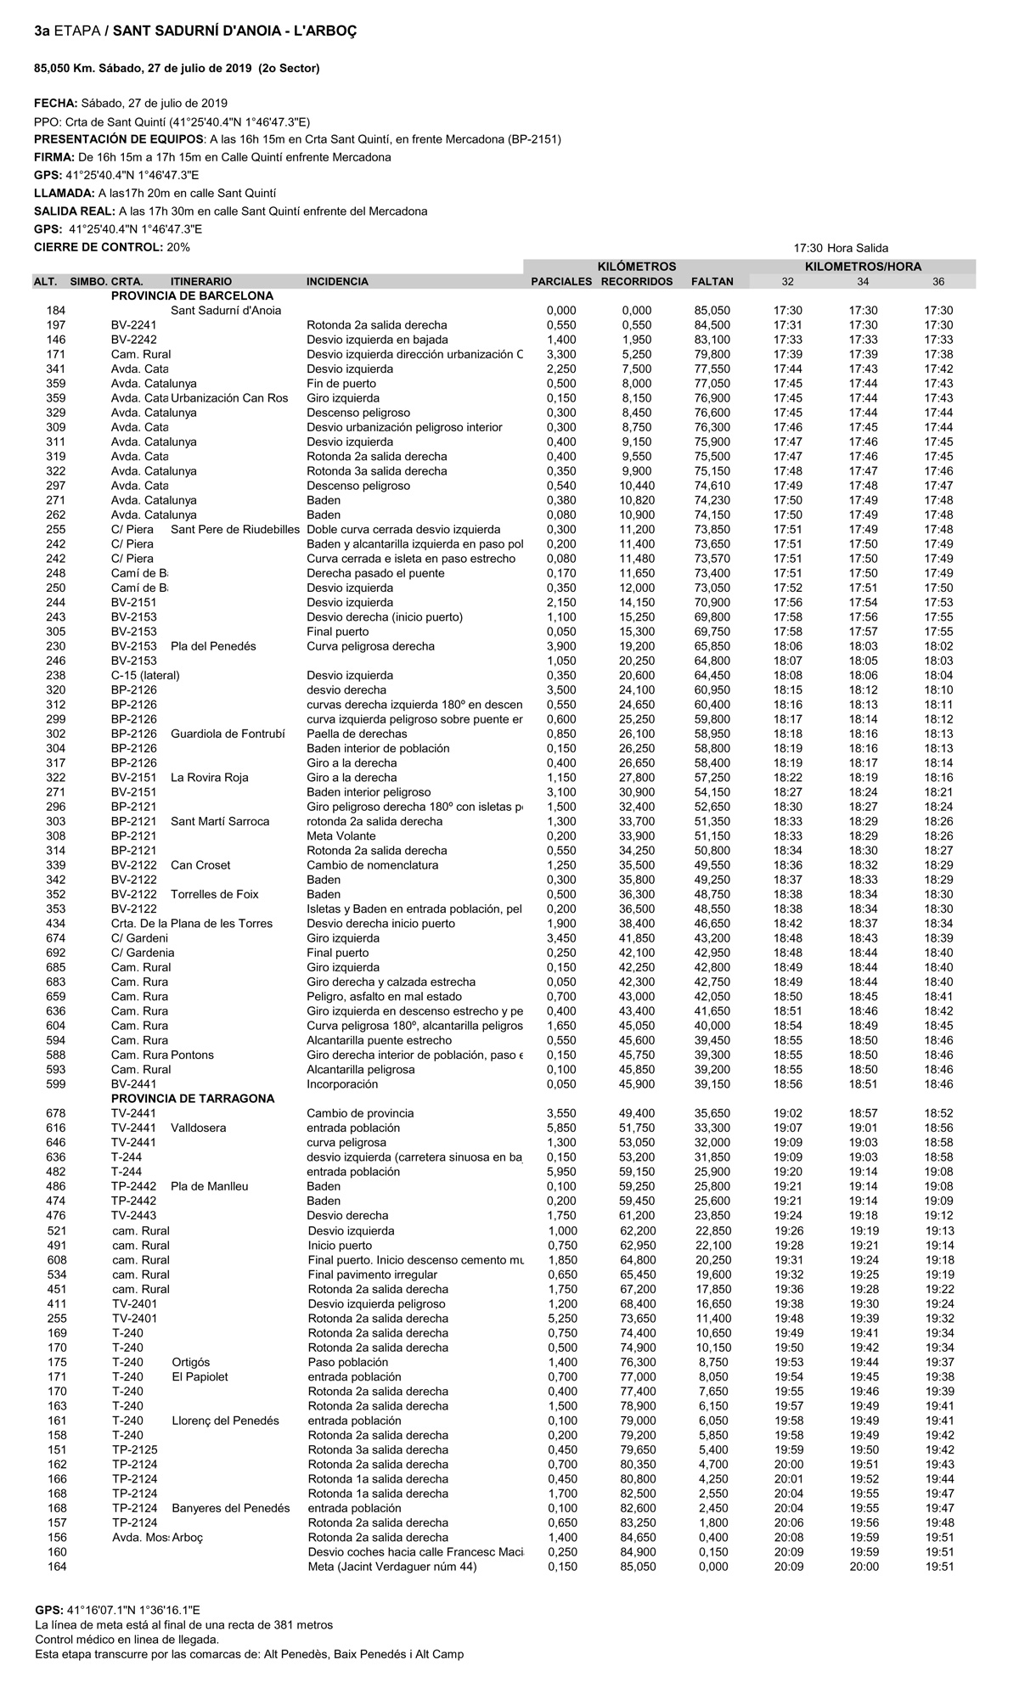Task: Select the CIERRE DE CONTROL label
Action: click(98, 247)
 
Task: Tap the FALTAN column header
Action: click(712, 282)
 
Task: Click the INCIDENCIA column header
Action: click(337, 282)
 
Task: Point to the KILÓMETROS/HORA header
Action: click(863, 267)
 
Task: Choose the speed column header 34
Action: click(863, 282)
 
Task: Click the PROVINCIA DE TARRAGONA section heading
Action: click(193, 1099)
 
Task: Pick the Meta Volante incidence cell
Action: click(341, 836)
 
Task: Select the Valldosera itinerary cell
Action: click(199, 1128)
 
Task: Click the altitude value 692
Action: click(56, 953)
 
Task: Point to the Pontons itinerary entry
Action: click(193, 1055)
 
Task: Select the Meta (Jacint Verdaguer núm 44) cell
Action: click(392, 1567)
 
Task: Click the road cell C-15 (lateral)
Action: click(145, 676)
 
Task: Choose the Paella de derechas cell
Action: click(357, 734)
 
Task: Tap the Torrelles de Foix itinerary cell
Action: click(215, 894)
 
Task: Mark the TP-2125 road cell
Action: click(134, 1449)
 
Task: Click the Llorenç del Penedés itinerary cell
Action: click(225, 1421)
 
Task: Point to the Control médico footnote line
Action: click(127, 1640)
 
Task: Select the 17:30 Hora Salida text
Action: click(841, 248)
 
